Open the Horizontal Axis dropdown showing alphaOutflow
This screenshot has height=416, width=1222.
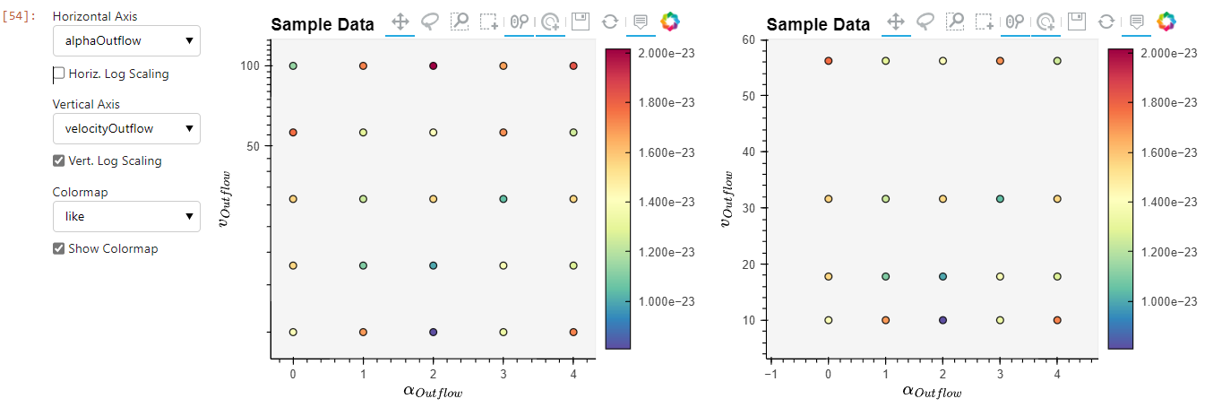pyautogui.click(x=126, y=40)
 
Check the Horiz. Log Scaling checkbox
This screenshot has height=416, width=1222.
pyautogui.click(x=59, y=74)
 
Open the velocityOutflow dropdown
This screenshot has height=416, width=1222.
pyautogui.click(x=126, y=128)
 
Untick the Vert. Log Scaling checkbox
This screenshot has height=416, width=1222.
pyautogui.click(x=59, y=161)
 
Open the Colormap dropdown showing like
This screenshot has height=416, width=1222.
pyautogui.click(x=126, y=216)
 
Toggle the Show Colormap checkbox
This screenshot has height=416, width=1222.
pyautogui.click(x=59, y=248)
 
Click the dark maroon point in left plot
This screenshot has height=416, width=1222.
pyautogui.click(x=433, y=66)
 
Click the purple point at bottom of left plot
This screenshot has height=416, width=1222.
pyautogui.click(x=433, y=332)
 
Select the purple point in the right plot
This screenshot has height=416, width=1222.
pyautogui.click(x=942, y=320)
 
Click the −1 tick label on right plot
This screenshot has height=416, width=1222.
pyautogui.click(x=770, y=373)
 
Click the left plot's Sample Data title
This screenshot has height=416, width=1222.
pyautogui.click(x=323, y=25)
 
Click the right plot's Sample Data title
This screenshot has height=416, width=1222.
pyautogui.click(x=818, y=25)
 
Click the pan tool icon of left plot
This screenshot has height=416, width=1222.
pyautogui.click(x=400, y=22)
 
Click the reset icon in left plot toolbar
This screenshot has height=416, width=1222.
pyautogui.click(x=609, y=22)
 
